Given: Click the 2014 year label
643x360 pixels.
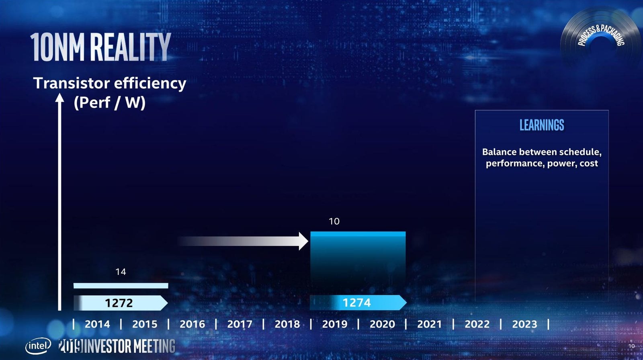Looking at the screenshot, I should tap(97, 324).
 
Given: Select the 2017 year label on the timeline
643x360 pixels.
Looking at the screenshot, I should tap(240, 324).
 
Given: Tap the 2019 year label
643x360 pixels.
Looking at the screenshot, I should tap(334, 324).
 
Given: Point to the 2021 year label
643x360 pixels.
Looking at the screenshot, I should tap(429, 324).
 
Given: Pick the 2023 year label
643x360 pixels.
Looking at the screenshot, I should tap(524, 324).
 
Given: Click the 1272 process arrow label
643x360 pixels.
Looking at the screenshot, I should tap(119, 303).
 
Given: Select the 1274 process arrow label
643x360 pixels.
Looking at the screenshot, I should tap(356, 303).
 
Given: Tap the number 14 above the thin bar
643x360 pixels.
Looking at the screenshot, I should tap(121, 272).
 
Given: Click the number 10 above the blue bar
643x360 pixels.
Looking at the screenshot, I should tap(334, 221).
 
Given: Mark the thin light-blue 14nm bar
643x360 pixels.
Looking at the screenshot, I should tap(121, 286).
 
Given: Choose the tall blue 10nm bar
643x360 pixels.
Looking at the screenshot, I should tap(358, 261).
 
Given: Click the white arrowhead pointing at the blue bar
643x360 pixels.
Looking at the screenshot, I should tap(303, 241).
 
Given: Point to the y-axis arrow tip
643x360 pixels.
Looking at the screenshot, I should tap(59, 97).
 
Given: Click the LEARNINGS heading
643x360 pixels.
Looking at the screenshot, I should tap(542, 125).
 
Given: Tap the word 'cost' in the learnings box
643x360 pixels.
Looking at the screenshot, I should tap(589, 164).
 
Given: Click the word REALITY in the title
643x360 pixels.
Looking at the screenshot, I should tap(130, 47).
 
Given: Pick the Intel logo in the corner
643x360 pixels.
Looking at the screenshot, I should tap(39, 346).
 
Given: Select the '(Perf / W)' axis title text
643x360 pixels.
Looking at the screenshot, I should tap(109, 102).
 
